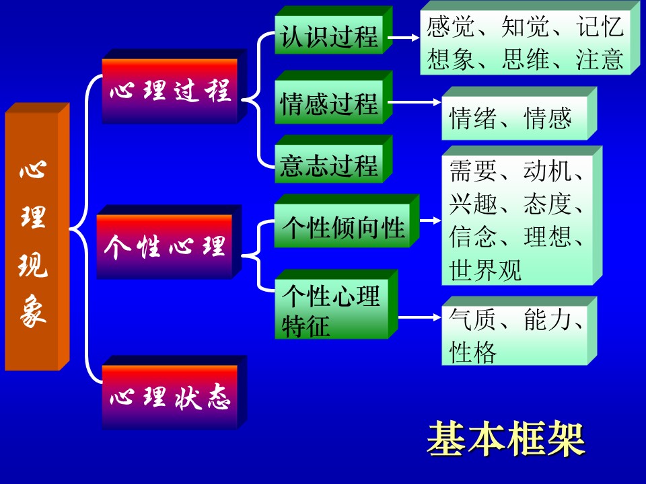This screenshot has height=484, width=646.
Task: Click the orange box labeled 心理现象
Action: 37,237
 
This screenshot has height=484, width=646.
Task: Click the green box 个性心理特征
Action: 336,305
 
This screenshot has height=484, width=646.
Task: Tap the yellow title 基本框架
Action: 505,438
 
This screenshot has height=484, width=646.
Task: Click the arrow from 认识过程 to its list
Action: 403,38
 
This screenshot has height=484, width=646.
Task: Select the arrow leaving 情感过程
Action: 415,102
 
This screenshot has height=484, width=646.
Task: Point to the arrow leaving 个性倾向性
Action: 431,220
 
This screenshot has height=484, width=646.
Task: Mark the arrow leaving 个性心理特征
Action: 420,317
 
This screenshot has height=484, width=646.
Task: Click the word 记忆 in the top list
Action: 600,27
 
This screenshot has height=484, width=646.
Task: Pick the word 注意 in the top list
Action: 600,59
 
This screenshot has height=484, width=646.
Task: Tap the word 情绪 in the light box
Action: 472,118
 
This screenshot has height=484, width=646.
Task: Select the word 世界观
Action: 485,270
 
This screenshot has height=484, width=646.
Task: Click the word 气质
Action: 472,319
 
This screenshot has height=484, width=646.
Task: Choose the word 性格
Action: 472,352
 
